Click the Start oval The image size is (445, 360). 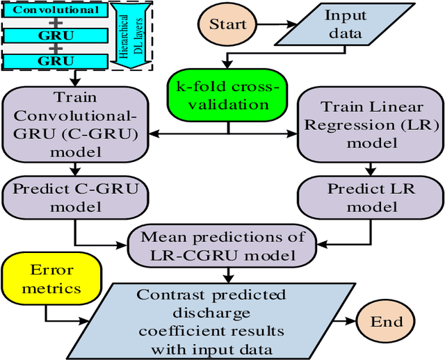coord(229,25)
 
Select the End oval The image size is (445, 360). coord(387,321)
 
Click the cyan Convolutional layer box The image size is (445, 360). coord(56,10)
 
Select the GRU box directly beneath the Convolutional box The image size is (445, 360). coord(56,35)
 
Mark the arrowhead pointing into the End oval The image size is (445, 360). coord(353,321)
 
